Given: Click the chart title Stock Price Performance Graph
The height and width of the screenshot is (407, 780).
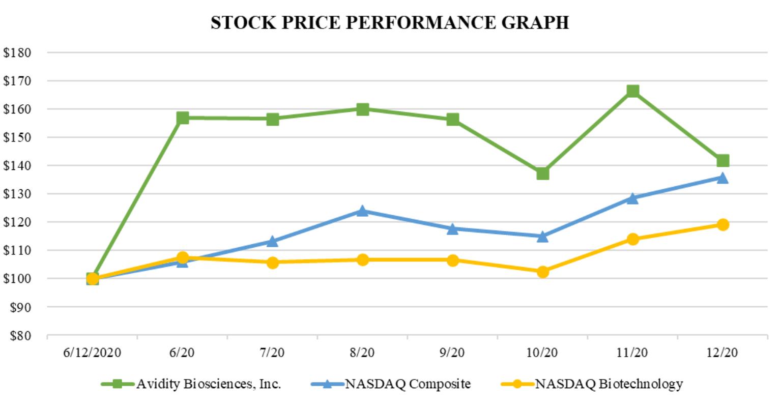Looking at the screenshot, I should click(x=390, y=23).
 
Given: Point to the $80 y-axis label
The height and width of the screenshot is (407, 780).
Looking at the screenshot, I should click(x=20, y=336).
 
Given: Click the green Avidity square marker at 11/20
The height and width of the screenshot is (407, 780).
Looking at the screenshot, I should click(x=632, y=91).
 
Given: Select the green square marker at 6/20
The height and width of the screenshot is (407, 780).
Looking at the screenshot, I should click(x=183, y=118).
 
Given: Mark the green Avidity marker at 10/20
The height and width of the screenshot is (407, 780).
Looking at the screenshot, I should click(x=542, y=173).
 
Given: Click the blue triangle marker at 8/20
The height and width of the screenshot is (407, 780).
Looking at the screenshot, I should click(x=362, y=211).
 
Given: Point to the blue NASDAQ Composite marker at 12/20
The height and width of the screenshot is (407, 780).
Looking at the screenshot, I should click(x=723, y=178).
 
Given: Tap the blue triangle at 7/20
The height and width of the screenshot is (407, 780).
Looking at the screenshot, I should click(x=272, y=241).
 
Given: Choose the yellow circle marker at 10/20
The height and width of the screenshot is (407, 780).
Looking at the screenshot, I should click(x=542, y=272).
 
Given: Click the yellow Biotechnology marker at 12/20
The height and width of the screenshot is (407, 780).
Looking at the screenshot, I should click(x=723, y=224).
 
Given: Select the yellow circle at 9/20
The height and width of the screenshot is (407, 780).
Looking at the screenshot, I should click(x=452, y=260).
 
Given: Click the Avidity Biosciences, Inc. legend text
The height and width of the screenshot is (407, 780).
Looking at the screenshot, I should click(x=209, y=384).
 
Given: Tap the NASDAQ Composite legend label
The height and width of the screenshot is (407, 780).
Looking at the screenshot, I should click(x=408, y=384).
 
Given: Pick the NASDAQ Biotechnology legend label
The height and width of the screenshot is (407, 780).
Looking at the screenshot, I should click(x=609, y=384).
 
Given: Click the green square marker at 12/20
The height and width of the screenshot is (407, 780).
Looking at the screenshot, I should click(x=723, y=161).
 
